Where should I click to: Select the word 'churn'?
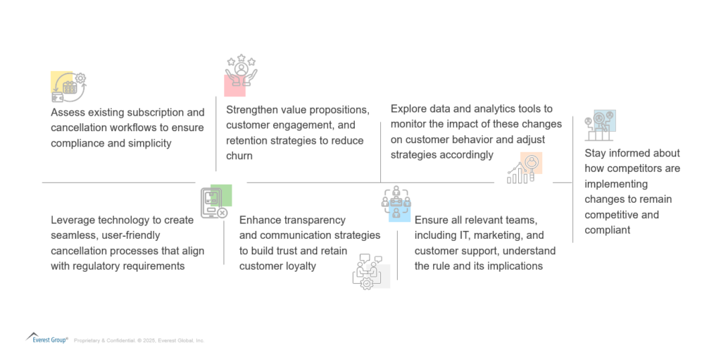[x=240, y=156]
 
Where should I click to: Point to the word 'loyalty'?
[x=299, y=266]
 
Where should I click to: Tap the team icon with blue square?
[x=396, y=204]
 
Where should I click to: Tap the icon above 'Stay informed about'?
[x=600, y=126]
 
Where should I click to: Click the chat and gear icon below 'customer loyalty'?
[x=370, y=271]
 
